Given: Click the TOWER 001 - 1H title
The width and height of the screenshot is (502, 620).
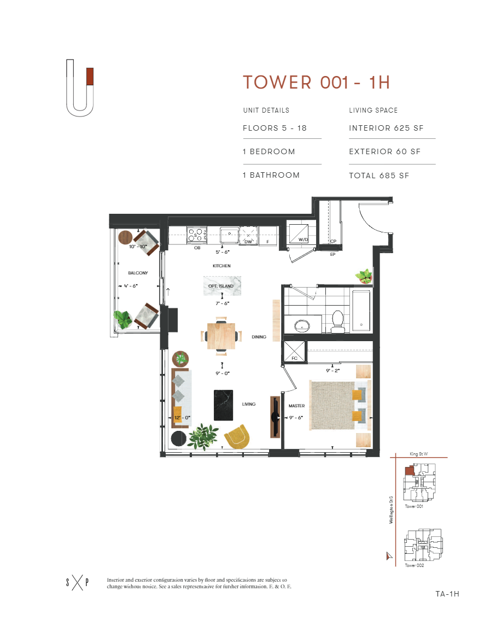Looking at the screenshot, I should (x=316, y=83).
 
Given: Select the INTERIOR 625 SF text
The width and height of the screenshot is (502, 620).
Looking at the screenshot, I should (x=386, y=128).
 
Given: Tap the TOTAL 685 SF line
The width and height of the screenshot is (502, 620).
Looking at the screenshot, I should (x=379, y=176).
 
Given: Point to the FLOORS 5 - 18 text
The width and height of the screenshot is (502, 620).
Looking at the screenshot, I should (x=275, y=128).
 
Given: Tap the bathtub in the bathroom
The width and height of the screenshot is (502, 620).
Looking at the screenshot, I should (x=362, y=311).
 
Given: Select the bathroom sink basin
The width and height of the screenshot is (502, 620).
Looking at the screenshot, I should (x=301, y=326).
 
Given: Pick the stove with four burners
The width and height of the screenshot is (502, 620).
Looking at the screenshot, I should (x=196, y=236).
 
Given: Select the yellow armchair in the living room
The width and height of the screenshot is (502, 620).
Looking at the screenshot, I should (x=239, y=436).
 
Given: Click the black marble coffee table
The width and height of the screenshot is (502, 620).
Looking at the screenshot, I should (x=224, y=405).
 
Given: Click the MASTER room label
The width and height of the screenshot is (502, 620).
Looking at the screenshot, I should (x=297, y=406).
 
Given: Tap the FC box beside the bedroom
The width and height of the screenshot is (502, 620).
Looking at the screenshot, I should (x=294, y=353).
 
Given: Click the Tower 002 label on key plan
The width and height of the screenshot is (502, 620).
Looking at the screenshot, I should (x=414, y=565).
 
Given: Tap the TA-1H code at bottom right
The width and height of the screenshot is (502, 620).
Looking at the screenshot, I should (x=447, y=594).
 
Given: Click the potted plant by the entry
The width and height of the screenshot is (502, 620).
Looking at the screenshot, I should (x=364, y=276).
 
